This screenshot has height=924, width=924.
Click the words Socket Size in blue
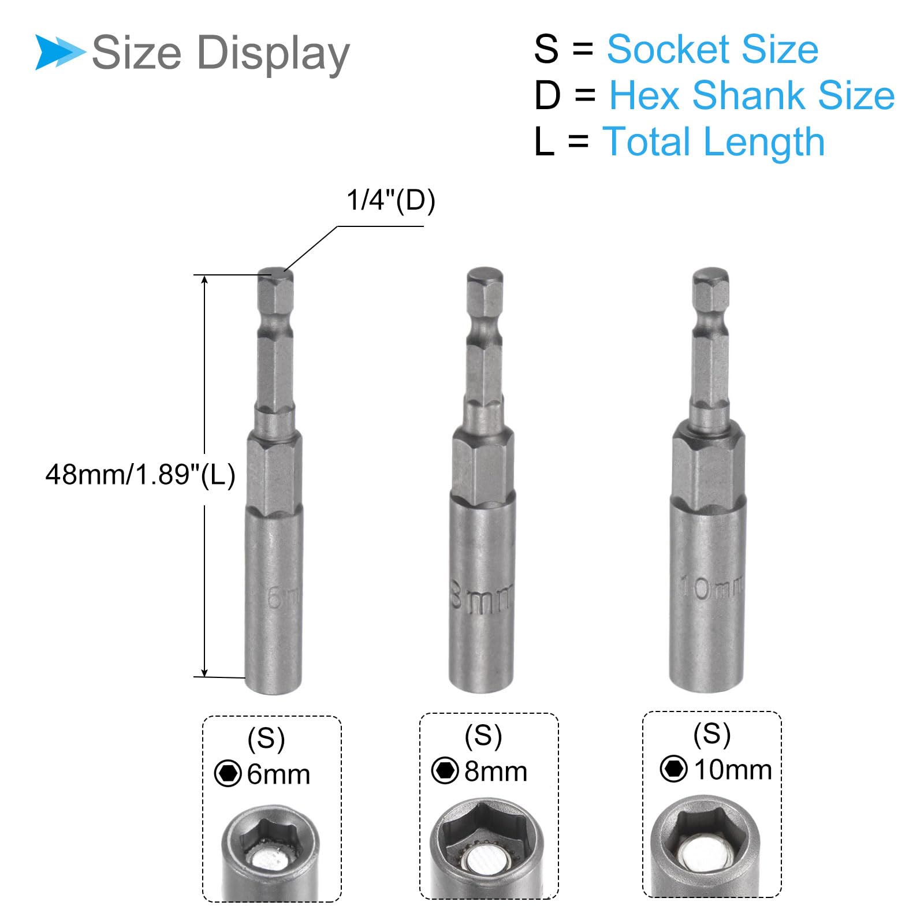(713, 49)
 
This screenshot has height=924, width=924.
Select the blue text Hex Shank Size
(752, 95)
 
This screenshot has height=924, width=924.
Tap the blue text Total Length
(713, 142)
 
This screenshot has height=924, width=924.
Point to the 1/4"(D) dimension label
(391, 200)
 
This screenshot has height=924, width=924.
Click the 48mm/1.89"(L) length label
(140, 475)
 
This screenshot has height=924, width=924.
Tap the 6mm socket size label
(278, 774)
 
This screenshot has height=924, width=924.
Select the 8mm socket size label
(496, 772)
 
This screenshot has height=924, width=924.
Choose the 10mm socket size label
(733, 770)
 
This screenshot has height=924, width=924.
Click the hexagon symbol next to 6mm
(228, 774)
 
